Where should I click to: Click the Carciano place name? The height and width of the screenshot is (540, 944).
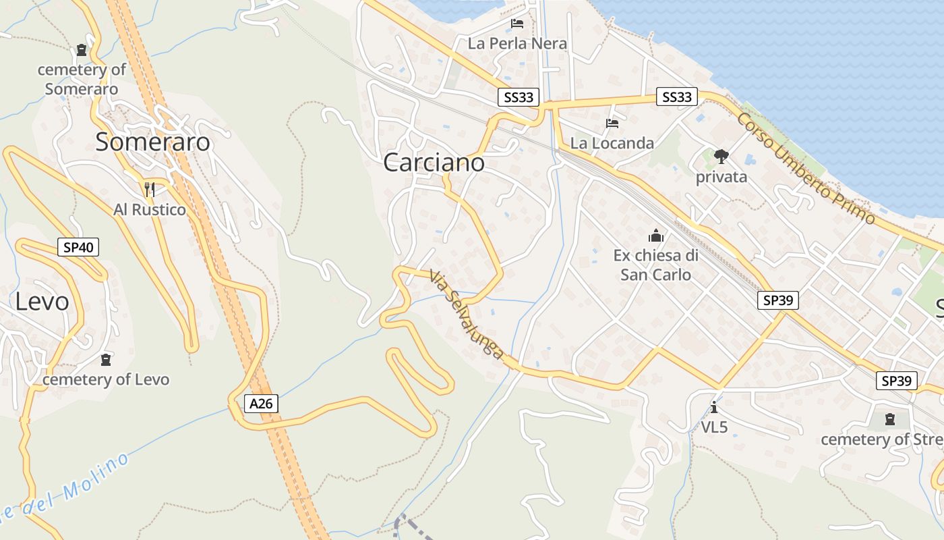click(x=434, y=163)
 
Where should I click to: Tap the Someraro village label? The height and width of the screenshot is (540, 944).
click(x=152, y=142)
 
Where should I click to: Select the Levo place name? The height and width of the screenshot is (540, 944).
click(x=42, y=302)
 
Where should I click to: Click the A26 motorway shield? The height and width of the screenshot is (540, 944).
click(x=261, y=404)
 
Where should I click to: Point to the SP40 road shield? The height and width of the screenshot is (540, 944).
click(x=78, y=247)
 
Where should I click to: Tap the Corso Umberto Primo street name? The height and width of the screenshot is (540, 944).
click(x=805, y=168)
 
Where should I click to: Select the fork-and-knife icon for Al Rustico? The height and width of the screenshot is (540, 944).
click(x=150, y=189)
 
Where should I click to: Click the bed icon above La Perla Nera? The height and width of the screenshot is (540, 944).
click(x=517, y=24)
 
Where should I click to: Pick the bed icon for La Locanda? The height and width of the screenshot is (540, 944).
click(x=612, y=124)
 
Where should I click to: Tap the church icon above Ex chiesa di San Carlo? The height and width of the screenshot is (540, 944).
click(x=655, y=236)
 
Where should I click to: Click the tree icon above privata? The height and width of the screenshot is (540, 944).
click(x=721, y=157)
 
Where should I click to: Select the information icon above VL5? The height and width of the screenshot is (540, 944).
click(x=714, y=407)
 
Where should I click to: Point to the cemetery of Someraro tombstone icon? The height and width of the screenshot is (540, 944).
click(x=82, y=50)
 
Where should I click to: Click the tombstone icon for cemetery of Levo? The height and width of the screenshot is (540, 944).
click(x=105, y=359)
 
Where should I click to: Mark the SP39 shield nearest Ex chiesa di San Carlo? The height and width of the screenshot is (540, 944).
click(x=778, y=300)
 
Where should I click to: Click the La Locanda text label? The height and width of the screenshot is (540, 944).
click(x=612, y=143)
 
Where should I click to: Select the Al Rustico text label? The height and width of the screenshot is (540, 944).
click(x=150, y=210)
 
